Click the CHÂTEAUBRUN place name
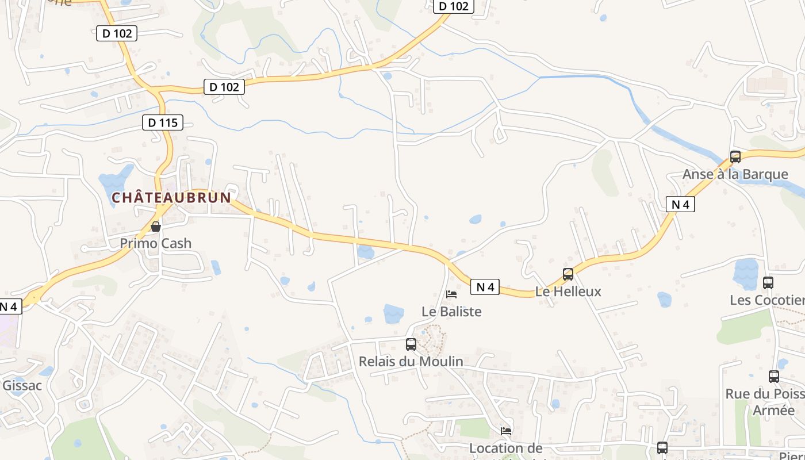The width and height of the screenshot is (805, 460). (x=171, y=198)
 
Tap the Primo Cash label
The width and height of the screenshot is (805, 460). (x=155, y=243)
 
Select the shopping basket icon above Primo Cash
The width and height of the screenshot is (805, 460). (x=155, y=227)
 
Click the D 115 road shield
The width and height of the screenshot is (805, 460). (x=163, y=122)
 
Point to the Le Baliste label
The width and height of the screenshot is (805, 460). (x=451, y=312)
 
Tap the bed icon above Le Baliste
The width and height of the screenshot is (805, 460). (x=451, y=294)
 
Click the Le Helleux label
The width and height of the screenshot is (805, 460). (x=568, y=292)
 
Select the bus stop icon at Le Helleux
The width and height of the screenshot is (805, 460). (x=568, y=274)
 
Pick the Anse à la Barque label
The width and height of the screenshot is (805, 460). (x=735, y=174)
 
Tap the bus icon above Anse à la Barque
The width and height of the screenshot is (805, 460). (x=735, y=156)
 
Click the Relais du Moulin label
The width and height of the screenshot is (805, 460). (x=411, y=362)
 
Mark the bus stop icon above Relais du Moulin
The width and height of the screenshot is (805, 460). (x=411, y=344)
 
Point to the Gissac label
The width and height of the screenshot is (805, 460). (x=22, y=385)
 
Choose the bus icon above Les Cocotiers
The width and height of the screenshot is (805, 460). (x=768, y=282)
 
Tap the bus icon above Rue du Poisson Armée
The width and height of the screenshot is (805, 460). (x=773, y=377)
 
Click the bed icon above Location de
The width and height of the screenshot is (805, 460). (x=506, y=431)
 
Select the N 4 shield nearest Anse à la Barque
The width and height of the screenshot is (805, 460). (x=681, y=204)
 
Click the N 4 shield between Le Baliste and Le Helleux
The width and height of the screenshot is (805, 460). (x=485, y=287)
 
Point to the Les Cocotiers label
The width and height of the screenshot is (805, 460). (x=767, y=300)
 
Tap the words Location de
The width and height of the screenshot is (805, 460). (x=506, y=448)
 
